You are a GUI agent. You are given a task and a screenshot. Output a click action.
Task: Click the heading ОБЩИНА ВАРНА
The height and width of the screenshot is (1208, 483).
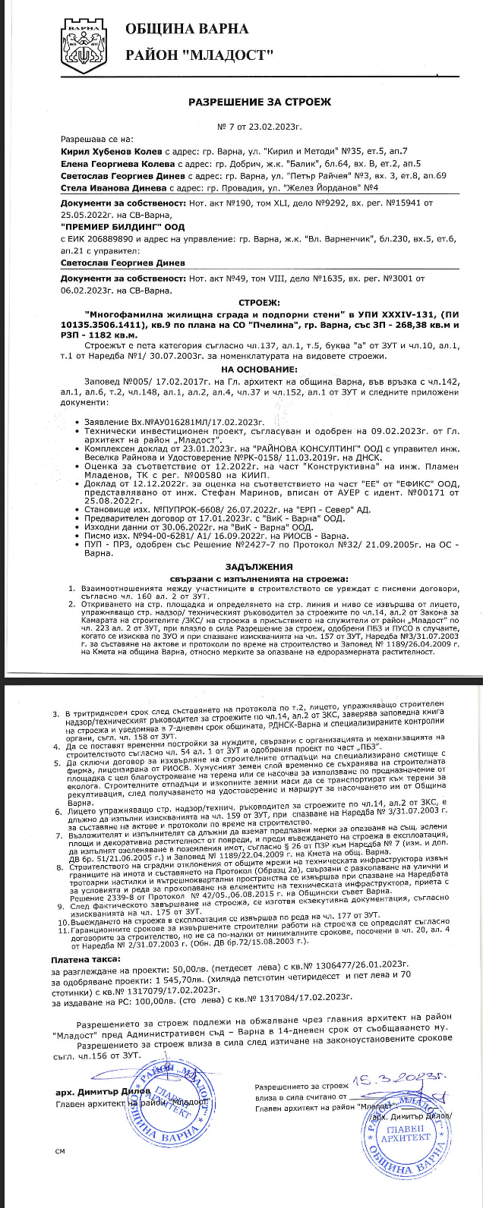(186, 30)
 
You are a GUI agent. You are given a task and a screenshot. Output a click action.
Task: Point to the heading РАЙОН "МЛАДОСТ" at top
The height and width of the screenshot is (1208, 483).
(199, 55)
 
